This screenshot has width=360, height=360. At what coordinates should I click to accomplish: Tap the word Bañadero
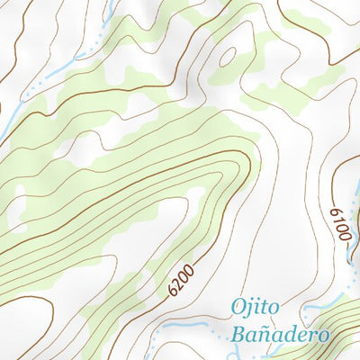tap(279, 335)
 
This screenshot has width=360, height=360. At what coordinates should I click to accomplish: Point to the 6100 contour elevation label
tap(338, 221)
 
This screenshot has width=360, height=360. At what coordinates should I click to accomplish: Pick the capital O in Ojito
tap(238, 308)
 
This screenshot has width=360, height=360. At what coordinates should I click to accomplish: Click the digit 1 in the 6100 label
tap(338, 226)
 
